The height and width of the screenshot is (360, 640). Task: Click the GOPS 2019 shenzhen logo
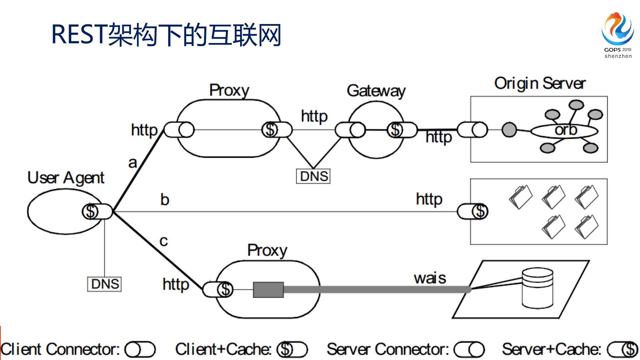[618, 35]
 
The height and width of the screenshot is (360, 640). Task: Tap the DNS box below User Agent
[104, 284]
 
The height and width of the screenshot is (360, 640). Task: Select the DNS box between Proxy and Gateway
[313, 176]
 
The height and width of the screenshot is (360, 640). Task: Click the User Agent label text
[66, 178]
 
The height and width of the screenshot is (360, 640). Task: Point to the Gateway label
[376, 91]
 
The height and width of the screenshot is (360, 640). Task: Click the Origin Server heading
[540, 83]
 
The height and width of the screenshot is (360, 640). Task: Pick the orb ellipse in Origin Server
[564, 131]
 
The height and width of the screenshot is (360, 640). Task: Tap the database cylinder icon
[537, 288]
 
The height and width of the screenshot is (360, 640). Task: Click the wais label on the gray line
[430, 278]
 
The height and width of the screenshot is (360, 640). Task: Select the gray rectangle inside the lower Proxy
[268, 290]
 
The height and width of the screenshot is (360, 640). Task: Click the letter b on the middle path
[165, 200]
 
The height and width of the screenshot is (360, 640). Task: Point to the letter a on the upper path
[133, 163]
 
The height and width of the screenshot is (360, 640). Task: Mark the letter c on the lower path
[163, 241]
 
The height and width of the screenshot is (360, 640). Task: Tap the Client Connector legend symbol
[140, 350]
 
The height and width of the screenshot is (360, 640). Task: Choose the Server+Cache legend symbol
[622, 350]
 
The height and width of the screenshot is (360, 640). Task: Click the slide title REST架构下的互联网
[166, 35]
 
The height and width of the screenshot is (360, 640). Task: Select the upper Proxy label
[229, 90]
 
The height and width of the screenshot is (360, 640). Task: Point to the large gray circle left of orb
[509, 130]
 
